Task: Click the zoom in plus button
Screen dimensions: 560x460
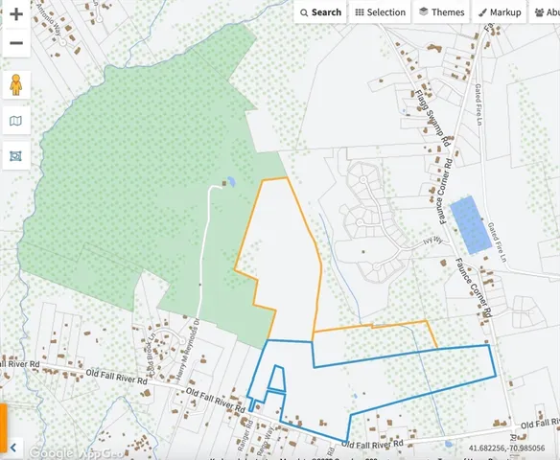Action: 15,14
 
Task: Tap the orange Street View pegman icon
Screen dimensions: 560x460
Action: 15,84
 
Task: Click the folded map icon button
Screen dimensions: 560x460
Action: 15,121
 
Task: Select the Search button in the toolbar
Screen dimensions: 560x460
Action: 320,12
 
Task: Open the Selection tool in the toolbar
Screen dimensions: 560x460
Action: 381,12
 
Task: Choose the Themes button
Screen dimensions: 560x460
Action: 442,12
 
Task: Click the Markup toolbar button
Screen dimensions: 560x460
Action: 500,12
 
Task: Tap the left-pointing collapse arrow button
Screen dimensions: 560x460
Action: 14,448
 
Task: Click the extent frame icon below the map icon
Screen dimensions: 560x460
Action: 15,155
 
